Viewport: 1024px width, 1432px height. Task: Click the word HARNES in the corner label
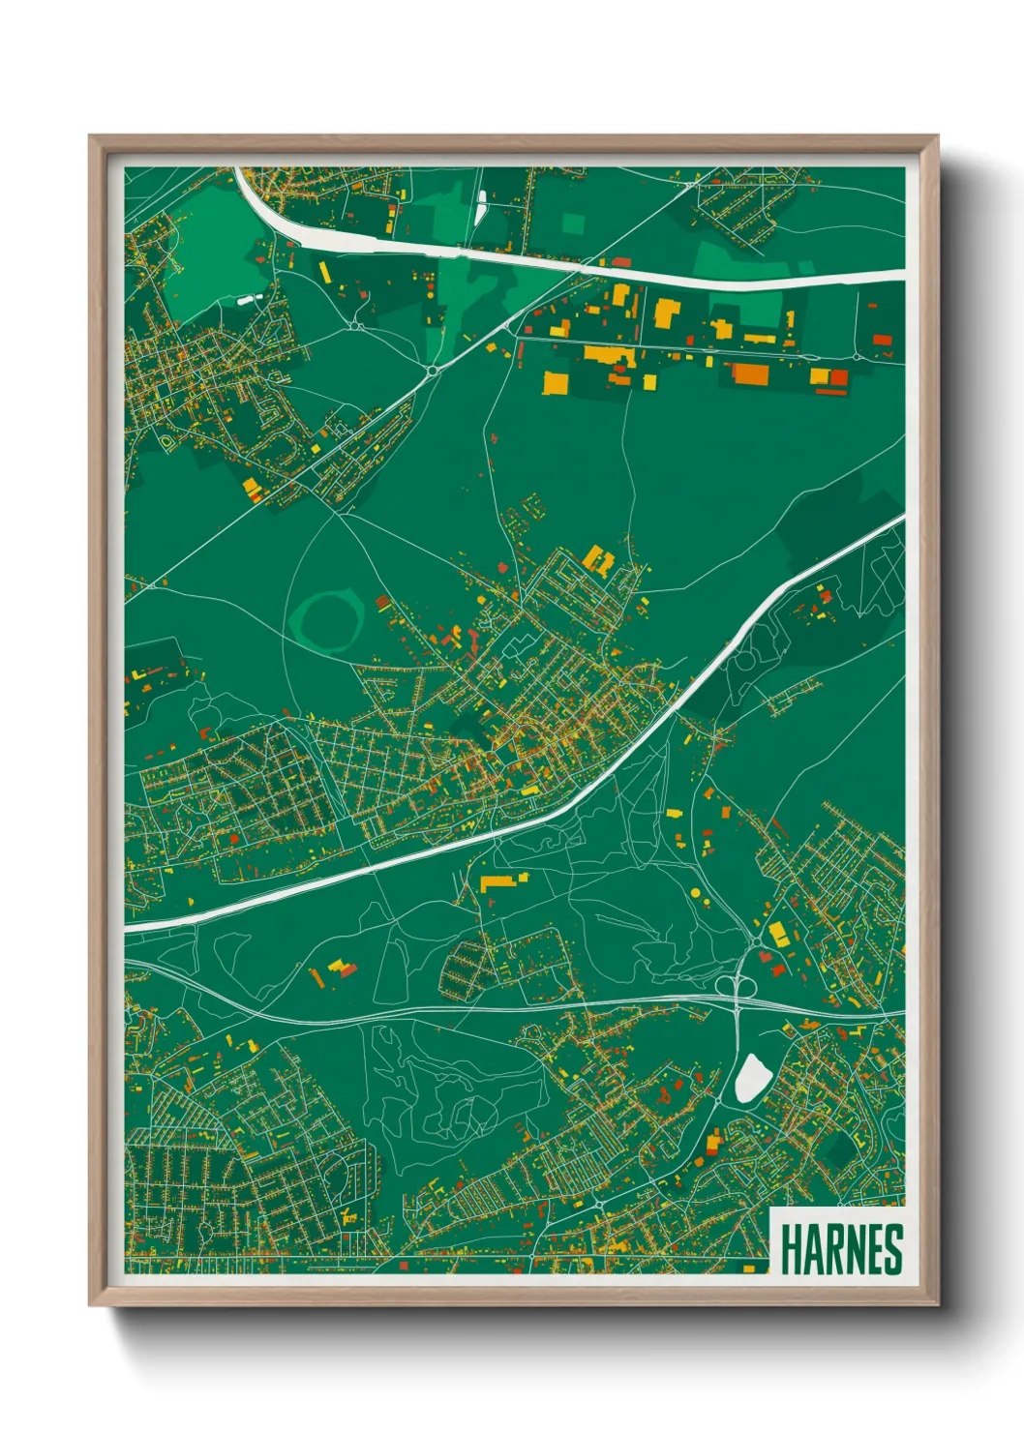tap(840, 1249)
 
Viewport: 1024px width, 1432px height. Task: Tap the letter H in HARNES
tap(789, 1249)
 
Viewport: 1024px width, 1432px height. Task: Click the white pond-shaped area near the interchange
tap(751, 1079)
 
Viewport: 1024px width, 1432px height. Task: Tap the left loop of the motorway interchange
tap(727, 985)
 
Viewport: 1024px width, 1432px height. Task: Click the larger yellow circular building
tap(695, 892)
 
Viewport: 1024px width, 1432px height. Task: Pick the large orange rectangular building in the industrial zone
tap(750, 374)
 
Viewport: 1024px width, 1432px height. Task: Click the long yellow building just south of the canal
tap(500, 881)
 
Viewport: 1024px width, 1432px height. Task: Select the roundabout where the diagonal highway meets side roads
tap(431, 369)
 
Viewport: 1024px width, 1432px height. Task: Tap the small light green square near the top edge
tap(573, 224)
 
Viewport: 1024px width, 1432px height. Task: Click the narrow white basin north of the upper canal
tap(481, 206)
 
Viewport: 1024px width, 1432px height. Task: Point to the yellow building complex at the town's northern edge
tap(596, 558)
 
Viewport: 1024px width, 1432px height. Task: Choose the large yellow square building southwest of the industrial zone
tap(556, 382)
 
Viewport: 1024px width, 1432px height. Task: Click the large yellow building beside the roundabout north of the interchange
tap(777, 934)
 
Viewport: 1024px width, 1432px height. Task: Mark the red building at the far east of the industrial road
tap(882, 339)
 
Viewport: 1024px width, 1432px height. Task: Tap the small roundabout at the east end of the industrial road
tap(891, 356)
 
